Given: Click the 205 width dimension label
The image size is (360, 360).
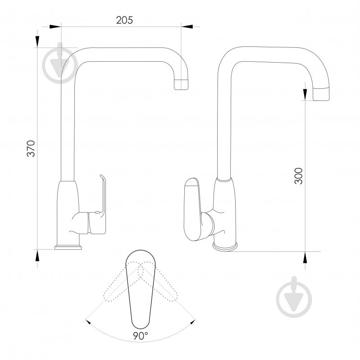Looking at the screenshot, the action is (x=124, y=20).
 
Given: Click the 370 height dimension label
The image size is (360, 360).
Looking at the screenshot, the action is (x=31, y=148).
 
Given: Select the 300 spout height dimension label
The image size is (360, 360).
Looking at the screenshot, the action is (x=298, y=176).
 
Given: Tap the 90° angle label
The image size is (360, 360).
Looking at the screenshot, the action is (x=141, y=336).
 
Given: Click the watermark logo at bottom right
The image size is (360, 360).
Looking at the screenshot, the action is (x=294, y=297).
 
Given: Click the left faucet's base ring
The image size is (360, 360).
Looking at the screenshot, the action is (x=68, y=247).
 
